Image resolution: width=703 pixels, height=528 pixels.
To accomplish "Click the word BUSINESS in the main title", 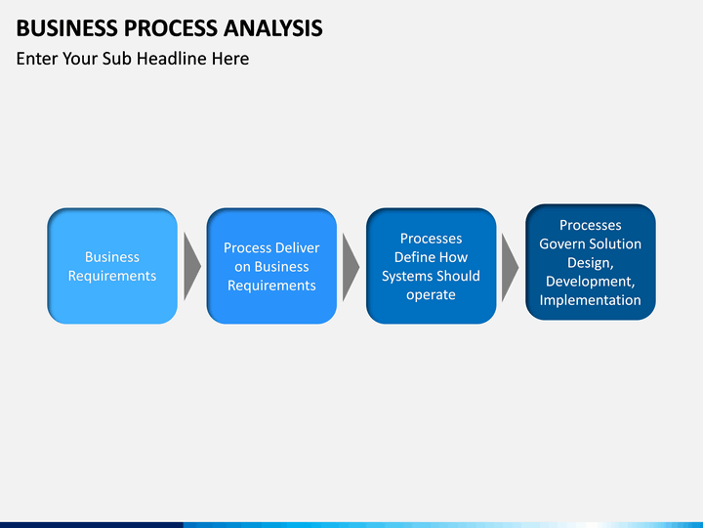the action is point(67,27).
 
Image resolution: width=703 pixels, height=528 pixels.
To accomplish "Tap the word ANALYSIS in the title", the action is point(273,27).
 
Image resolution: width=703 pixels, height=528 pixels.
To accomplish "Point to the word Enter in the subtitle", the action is point(37,59).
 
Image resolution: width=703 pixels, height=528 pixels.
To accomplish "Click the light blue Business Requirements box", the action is point(112,266).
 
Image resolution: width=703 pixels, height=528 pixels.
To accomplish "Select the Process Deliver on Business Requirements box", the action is point(271,266).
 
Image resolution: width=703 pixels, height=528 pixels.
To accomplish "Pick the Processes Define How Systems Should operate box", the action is point(432,266).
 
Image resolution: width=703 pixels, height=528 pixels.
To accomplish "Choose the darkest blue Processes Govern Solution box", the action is point(591,262).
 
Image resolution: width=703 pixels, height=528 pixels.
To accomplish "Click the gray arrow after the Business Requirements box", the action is point(191,266).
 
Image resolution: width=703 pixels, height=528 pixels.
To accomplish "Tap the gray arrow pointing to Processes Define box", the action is point(351,267).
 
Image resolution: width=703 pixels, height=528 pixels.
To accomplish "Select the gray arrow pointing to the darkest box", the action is point(510,268).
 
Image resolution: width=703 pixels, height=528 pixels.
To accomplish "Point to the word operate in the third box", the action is point(431,295).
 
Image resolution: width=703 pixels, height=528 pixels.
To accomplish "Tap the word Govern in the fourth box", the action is point(561,243).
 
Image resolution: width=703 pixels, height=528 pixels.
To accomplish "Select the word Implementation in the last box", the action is point(591,300).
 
